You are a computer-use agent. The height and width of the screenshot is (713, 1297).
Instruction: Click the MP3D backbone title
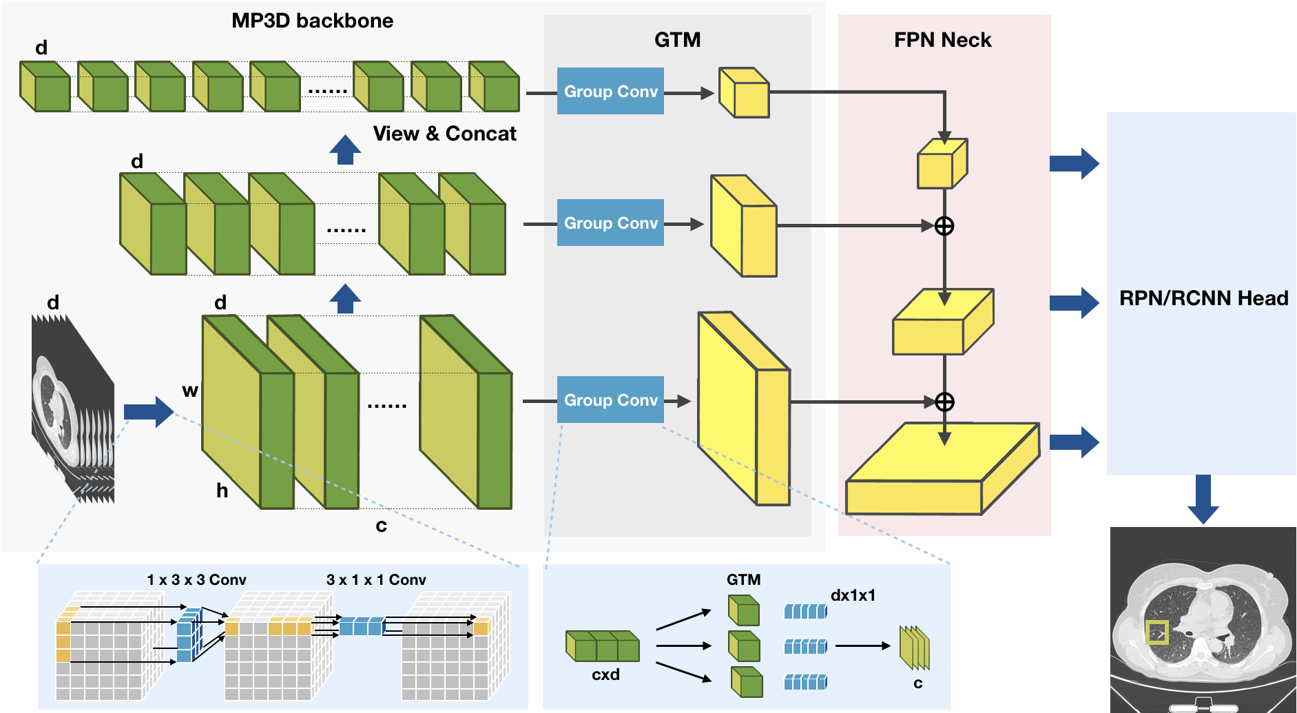point(312,21)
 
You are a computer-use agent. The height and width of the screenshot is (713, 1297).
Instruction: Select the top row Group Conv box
point(610,91)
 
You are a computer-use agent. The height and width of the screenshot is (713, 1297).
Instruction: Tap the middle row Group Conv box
point(610,223)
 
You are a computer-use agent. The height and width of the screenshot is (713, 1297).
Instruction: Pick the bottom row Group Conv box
point(610,400)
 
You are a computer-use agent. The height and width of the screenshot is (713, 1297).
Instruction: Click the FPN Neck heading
point(942,40)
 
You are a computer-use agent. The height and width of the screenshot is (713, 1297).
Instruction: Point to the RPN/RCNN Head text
point(1203,298)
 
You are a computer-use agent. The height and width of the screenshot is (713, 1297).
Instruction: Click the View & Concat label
point(444,134)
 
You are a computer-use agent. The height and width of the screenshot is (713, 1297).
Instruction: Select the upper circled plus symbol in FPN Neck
point(944,226)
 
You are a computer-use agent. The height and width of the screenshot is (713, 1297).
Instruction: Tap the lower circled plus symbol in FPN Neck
point(944,402)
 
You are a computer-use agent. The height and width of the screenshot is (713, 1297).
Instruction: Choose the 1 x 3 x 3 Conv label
point(196,580)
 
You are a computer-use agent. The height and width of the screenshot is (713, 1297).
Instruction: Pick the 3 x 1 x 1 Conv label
point(376,580)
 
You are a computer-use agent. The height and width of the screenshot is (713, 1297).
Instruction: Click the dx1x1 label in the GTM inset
point(853,595)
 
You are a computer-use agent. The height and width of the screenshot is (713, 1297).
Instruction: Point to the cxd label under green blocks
point(605,674)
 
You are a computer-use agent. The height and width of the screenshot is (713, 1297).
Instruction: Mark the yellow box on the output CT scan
point(1156,632)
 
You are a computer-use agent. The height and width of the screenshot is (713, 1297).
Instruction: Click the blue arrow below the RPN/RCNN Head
point(1203,499)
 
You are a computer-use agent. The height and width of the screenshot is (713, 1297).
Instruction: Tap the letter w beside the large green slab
point(190,391)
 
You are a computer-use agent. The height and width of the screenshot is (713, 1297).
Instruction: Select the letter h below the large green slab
point(222,490)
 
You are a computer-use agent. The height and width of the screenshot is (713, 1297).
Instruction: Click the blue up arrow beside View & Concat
point(345,149)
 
